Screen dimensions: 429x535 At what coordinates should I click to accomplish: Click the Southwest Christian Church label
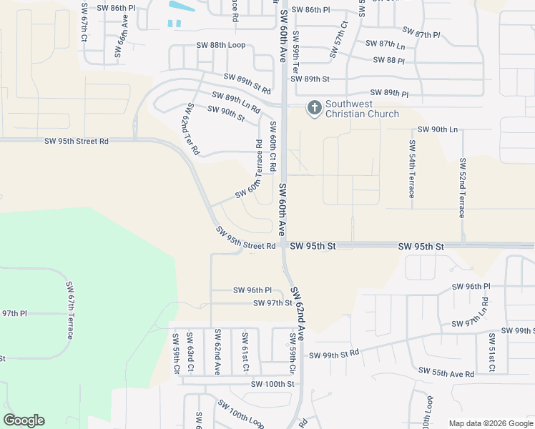pos(362,109)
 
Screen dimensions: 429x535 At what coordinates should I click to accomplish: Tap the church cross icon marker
pos(314,109)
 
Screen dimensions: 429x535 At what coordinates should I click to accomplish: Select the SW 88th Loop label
pos(221,45)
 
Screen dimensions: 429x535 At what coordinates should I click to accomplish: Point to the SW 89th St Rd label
pos(247,84)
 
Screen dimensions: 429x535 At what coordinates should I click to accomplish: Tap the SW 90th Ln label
pos(436,129)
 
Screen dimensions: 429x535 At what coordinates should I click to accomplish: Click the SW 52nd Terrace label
pos(463,187)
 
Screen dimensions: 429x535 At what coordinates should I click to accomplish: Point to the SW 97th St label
pos(273,303)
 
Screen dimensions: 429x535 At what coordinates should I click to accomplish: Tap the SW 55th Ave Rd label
pos(447,373)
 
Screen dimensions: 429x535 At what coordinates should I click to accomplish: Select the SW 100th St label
pos(273,384)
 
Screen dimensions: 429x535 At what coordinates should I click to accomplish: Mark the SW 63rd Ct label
pos(190,351)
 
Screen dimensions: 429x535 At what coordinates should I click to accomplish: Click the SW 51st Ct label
pos(492,352)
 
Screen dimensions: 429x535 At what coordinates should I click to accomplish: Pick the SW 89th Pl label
pos(389,94)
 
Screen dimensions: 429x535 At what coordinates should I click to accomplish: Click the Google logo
pos(24,420)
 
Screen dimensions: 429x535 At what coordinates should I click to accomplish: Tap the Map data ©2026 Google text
pos(491,423)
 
